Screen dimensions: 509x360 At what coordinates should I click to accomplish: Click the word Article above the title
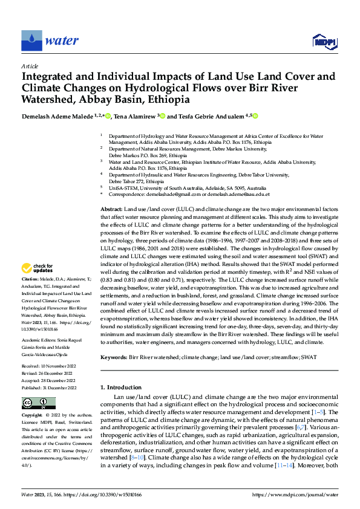click(30, 66)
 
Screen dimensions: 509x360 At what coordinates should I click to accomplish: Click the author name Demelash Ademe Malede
click(53, 116)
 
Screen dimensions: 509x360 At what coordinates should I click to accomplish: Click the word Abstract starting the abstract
click(111, 207)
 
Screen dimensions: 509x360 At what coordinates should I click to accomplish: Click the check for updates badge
click(38, 267)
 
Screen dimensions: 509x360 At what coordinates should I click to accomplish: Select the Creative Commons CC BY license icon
click(38, 403)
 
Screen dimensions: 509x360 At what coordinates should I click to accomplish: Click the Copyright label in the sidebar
click(31, 416)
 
